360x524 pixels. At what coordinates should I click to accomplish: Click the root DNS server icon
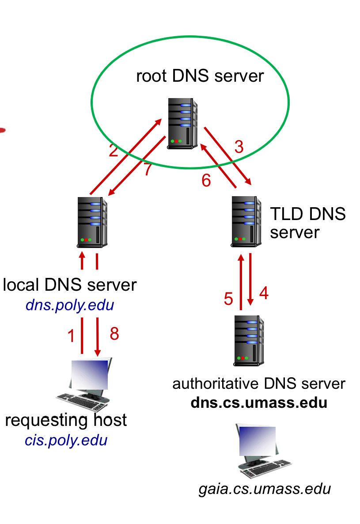click(182, 123)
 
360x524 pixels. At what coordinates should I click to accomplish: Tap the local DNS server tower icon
click(92, 222)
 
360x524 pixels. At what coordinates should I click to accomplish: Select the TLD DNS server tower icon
click(246, 221)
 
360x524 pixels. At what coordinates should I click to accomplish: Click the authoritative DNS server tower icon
click(249, 341)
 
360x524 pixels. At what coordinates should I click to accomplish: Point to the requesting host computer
click(84, 384)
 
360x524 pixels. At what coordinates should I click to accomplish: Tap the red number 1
click(71, 335)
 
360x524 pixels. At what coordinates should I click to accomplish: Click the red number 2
click(114, 151)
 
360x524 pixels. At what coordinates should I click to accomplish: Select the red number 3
click(239, 147)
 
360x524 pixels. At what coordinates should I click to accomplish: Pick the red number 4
click(264, 293)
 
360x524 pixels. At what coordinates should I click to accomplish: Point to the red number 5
click(228, 299)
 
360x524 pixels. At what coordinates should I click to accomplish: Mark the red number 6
click(206, 180)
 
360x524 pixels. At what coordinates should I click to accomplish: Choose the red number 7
click(148, 169)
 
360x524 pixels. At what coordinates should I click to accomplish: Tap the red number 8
click(114, 334)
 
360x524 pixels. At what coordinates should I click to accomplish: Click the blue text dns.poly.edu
click(70, 305)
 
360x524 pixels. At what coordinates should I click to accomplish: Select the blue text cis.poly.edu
click(66, 440)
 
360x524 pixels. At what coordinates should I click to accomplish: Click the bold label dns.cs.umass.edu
click(259, 402)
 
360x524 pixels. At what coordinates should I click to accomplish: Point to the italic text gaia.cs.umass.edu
click(265, 489)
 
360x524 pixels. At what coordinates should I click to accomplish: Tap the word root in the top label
click(151, 76)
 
